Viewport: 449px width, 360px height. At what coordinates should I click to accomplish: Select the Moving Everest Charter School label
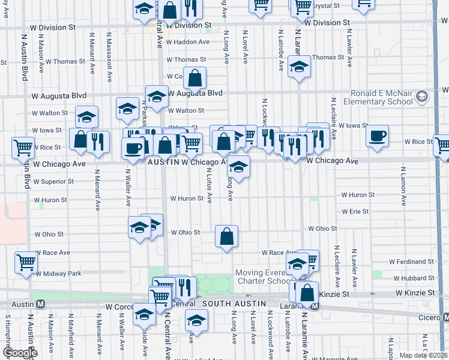[261, 277]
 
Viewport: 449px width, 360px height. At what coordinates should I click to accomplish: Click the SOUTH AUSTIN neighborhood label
[234, 304]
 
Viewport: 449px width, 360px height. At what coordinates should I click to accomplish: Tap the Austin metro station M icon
[40, 304]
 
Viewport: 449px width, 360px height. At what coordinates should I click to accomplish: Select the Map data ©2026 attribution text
[423, 355]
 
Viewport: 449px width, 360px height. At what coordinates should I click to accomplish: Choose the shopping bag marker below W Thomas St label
[195, 78]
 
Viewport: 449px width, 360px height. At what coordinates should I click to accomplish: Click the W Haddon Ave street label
[188, 42]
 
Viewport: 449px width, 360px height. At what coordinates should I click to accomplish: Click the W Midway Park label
[58, 274]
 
